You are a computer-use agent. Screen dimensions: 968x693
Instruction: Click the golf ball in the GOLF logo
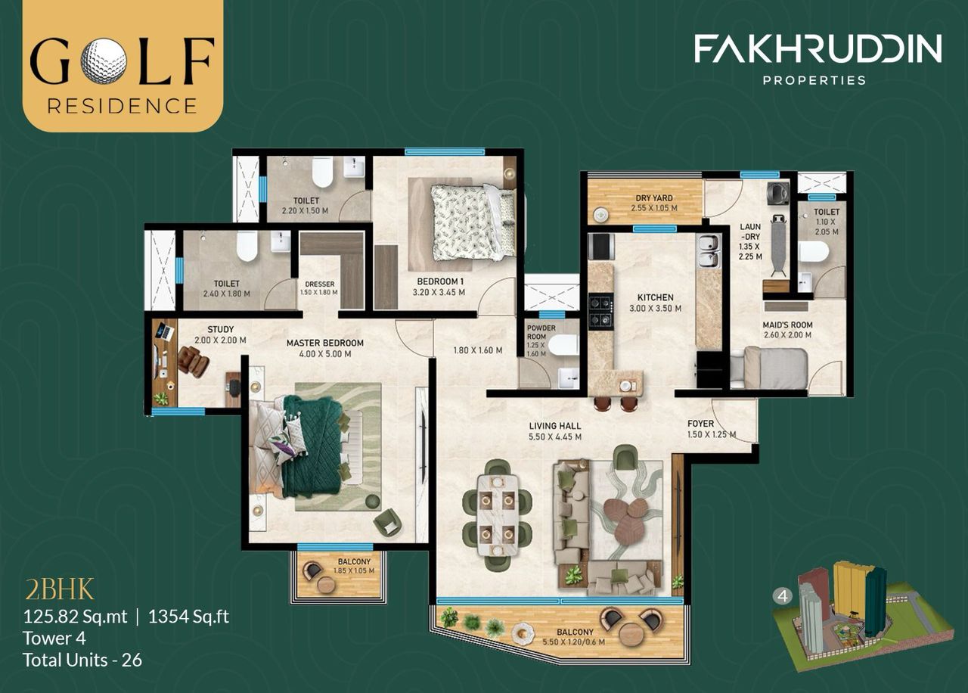[x=104, y=60]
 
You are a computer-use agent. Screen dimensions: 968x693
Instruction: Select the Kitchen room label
[x=656, y=297]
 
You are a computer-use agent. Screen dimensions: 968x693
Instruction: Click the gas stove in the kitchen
[x=600, y=312]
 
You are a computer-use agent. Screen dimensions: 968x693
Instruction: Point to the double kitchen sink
[x=708, y=251]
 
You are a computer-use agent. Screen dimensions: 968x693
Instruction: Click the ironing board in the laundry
[x=778, y=244]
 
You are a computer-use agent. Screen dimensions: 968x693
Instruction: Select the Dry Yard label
[x=654, y=197]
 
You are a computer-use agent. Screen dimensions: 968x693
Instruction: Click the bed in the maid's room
[x=774, y=368]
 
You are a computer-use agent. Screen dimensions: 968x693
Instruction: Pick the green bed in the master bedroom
[x=309, y=446]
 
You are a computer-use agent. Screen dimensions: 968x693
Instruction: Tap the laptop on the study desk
[x=166, y=331]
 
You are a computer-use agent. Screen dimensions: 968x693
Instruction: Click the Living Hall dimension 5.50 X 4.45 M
[x=555, y=437]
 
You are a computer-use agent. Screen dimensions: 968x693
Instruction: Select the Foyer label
[x=701, y=424]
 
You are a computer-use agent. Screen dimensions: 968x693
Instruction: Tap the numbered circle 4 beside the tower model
[x=783, y=596]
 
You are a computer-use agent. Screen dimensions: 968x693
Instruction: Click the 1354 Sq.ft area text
[x=189, y=617]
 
